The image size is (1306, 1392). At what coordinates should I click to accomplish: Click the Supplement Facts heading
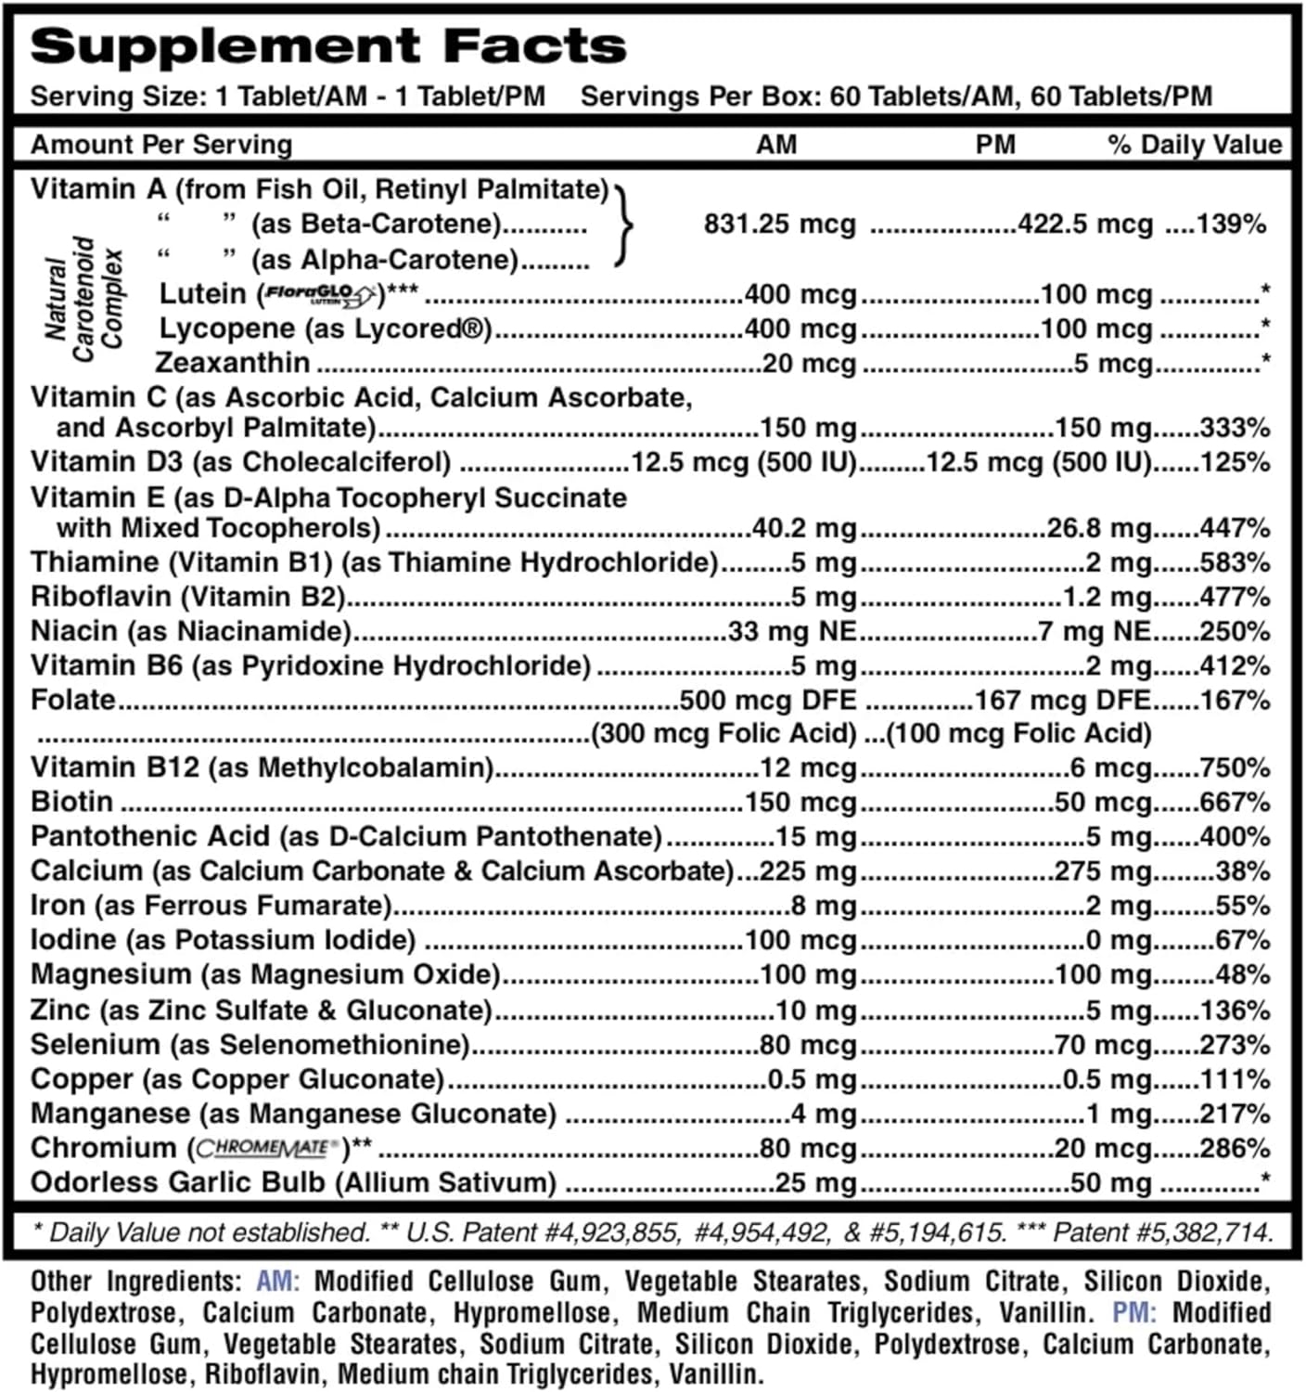click(x=328, y=46)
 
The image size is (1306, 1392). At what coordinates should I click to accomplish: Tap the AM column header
click(x=776, y=145)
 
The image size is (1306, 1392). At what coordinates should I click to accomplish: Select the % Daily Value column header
click(x=1195, y=145)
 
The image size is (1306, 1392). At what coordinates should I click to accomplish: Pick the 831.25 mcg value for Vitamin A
click(x=779, y=225)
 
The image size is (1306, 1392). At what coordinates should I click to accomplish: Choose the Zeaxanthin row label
click(x=233, y=363)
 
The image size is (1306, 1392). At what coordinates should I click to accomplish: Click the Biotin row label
click(x=71, y=802)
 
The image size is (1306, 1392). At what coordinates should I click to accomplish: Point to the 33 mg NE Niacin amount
click(x=792, y=632)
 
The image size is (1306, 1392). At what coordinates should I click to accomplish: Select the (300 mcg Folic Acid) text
click(x=723, y=734)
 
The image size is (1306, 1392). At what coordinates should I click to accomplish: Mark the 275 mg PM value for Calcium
click(x=1103, y=871)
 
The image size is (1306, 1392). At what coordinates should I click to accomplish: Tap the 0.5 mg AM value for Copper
click(x=812, y=1079)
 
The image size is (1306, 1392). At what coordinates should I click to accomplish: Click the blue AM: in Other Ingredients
click(x=277, y=1282)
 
